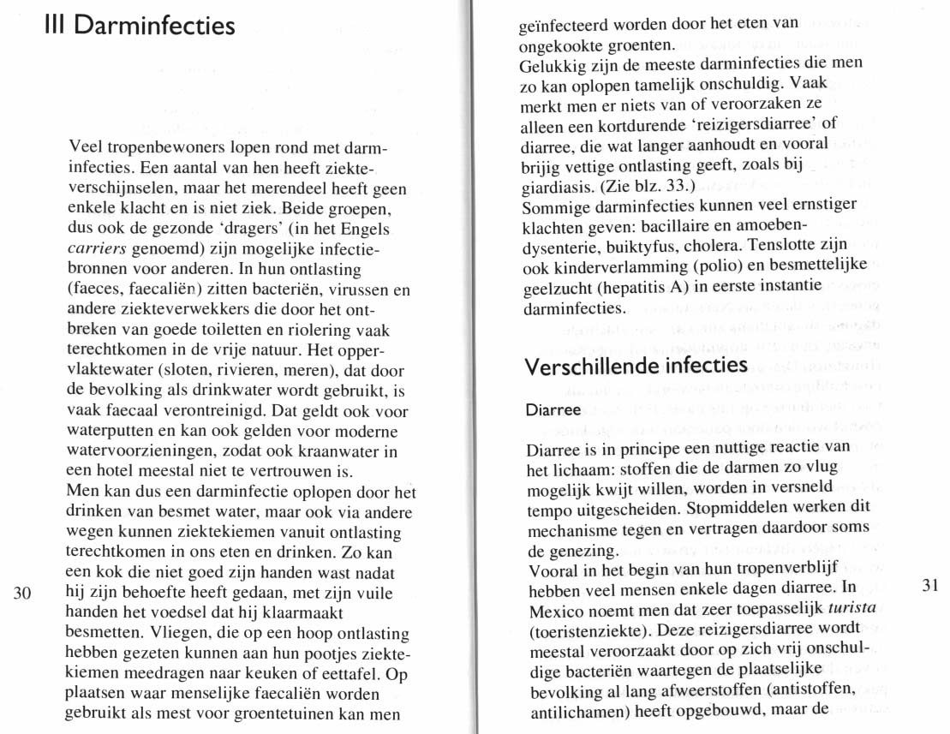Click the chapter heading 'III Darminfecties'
139,26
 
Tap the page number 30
23,591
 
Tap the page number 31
931,585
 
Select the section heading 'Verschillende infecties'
636,366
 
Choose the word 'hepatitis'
633,285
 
